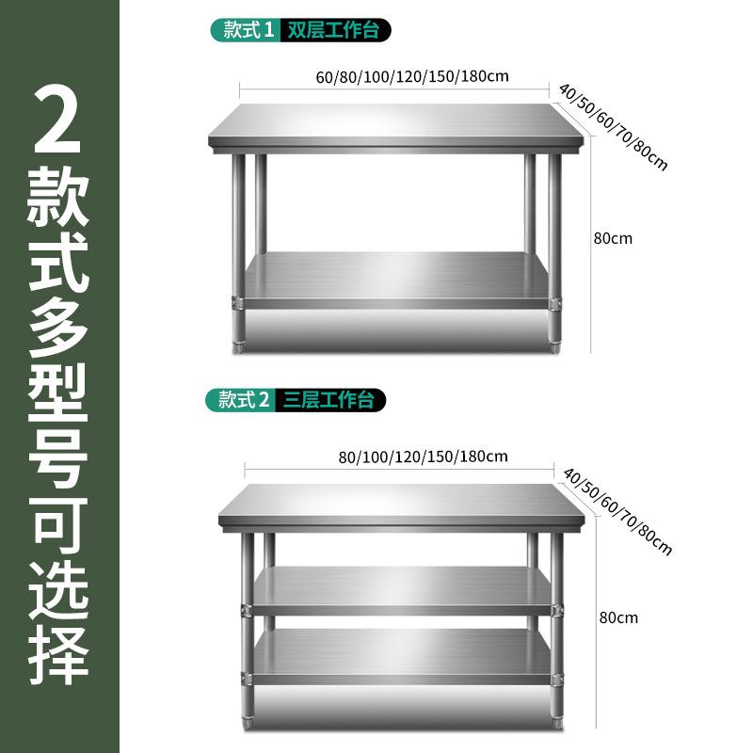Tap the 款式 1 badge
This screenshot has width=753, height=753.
pos(244,30)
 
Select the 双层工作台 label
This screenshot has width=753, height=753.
pos(335,30)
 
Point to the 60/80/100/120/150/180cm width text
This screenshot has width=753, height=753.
pos(394,76)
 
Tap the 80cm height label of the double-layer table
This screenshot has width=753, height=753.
pos(613,238)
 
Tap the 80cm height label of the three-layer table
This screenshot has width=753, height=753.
pos(618,618)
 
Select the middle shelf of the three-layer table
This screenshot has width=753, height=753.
pos(400,586)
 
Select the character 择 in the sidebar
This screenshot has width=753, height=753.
pos(58,651)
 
